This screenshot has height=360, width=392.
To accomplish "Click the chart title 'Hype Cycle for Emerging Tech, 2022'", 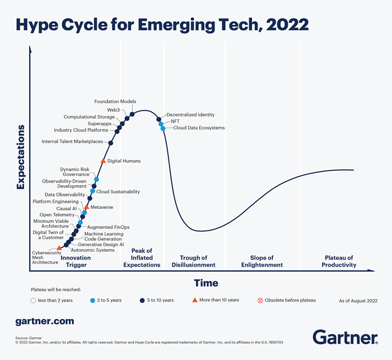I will [162, 24].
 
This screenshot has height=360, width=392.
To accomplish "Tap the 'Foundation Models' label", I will [115, 101].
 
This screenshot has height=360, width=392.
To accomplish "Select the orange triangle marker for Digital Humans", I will [103, 161].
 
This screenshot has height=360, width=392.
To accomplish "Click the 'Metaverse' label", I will [101, 207].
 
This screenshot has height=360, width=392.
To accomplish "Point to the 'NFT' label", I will [175, 121].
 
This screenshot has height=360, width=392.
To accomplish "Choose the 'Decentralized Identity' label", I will [190, 114].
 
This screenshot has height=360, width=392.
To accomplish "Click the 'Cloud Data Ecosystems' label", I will [199, 128].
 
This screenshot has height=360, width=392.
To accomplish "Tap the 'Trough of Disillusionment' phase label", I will [194, 261].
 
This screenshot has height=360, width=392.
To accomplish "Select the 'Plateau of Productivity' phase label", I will [339, 261].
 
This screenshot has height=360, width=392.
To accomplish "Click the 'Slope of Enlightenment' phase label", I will [262, 261].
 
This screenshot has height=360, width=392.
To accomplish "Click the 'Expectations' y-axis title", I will [21, 157].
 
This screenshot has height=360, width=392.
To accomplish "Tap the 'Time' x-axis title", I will [206, 283].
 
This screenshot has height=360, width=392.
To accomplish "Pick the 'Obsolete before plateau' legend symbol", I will [260, 300].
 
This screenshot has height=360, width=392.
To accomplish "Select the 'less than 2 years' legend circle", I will [34, 300].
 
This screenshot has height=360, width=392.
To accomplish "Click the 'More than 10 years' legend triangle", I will [195, 300].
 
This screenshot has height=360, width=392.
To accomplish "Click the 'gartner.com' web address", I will [44, 321].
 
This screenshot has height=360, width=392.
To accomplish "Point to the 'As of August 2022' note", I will [358, 301].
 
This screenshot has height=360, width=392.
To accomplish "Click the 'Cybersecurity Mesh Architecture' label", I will [46, 257].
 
